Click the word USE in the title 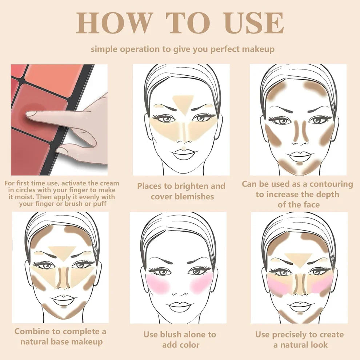tap(255, 23)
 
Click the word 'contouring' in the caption tap(331, 184)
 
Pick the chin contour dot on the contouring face tap(299, 164)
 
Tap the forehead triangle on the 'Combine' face tap(62, 253)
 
